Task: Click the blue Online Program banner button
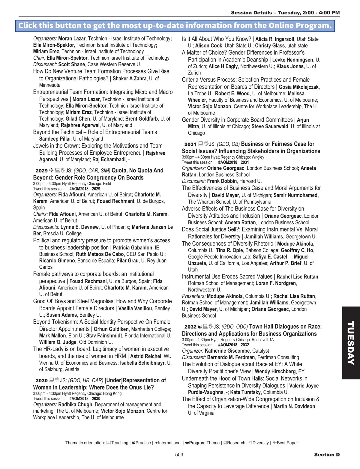pyautogui.click(x=175, y=26)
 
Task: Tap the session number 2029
pyautogui.click(x=42, y=171)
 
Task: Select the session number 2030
pyautogui.click(x=42, y=381)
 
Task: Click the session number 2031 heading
pyautogui.click(x=190, y=145)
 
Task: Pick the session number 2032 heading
pyautogui.click(x=190, y=327)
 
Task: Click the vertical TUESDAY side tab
pyautogui.click(x=351, y=343)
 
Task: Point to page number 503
pyautogui.click(x=179, y=455)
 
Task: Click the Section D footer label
pyautogui.click(x=327, y=455)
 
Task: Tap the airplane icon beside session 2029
pyautogui.click(x=51, y=170)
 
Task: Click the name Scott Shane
pyautogui.click(x=71, y=64)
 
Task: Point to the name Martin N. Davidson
pyautogui.click(x=294, y=407)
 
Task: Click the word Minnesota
pyautogui.click(x=50, y=85)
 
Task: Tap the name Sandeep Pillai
pyautogui.click(x=55, y=139)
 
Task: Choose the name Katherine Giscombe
pyautogui.click(x=227, y=351)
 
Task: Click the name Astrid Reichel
pyautogui.click(x=146, y=356)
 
